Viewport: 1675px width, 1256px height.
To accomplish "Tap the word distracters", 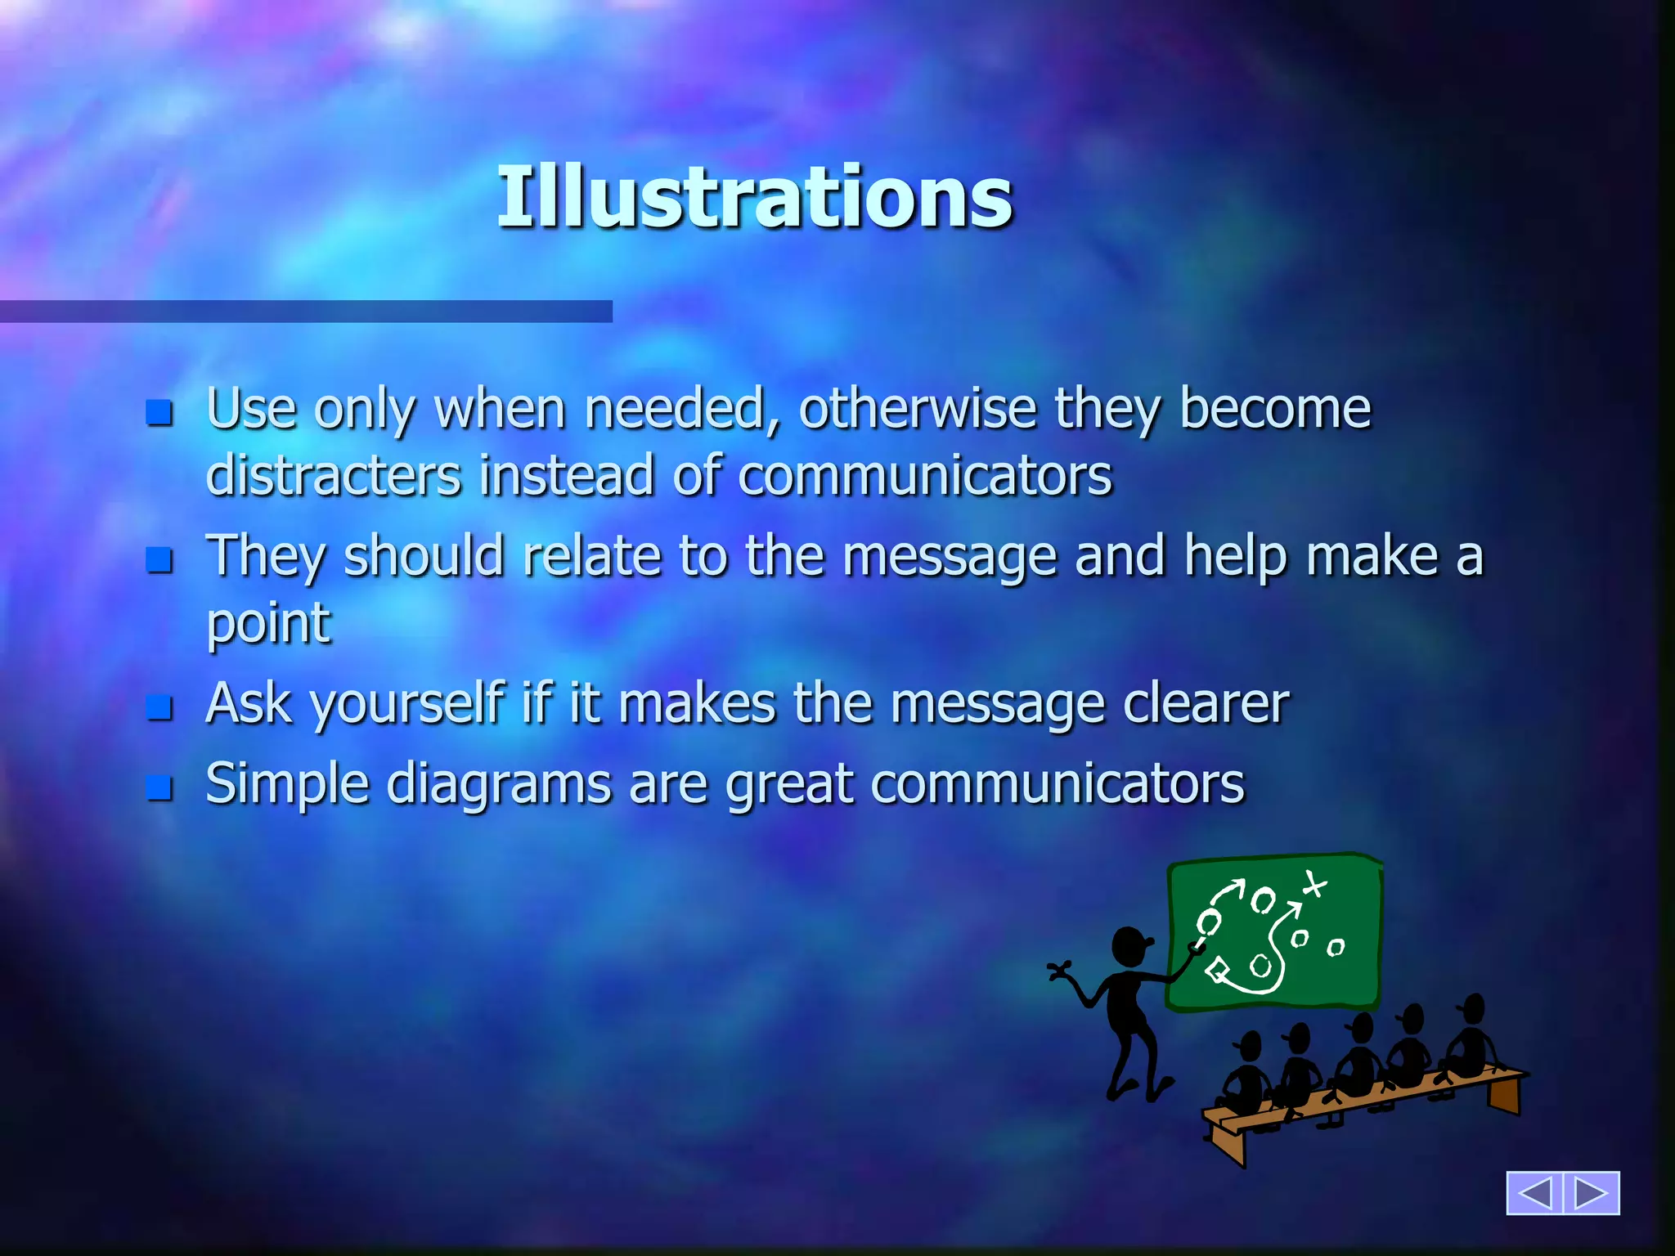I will pos(334,475).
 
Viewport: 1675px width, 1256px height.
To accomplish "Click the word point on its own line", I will pos(268,623).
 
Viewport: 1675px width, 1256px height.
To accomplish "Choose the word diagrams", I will pos(498,784).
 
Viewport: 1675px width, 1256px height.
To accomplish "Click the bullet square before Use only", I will pos(159,413).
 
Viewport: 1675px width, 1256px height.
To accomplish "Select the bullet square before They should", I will pos(159,560).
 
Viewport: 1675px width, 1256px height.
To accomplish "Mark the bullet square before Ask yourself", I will pos(159,707).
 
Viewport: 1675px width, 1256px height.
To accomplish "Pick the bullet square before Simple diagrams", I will pos(159,788).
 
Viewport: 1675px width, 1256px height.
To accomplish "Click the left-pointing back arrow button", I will pos(1534,1193).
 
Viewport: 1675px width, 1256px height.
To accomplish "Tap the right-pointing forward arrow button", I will pos(1592,1193).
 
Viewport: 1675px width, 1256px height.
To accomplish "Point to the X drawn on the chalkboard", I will pos(1314,884).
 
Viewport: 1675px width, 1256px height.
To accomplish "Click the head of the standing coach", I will pos(1129,947).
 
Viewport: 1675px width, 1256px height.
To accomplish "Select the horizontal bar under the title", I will pos(306,312).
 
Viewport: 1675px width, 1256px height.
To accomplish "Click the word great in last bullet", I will pos(789,784).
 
